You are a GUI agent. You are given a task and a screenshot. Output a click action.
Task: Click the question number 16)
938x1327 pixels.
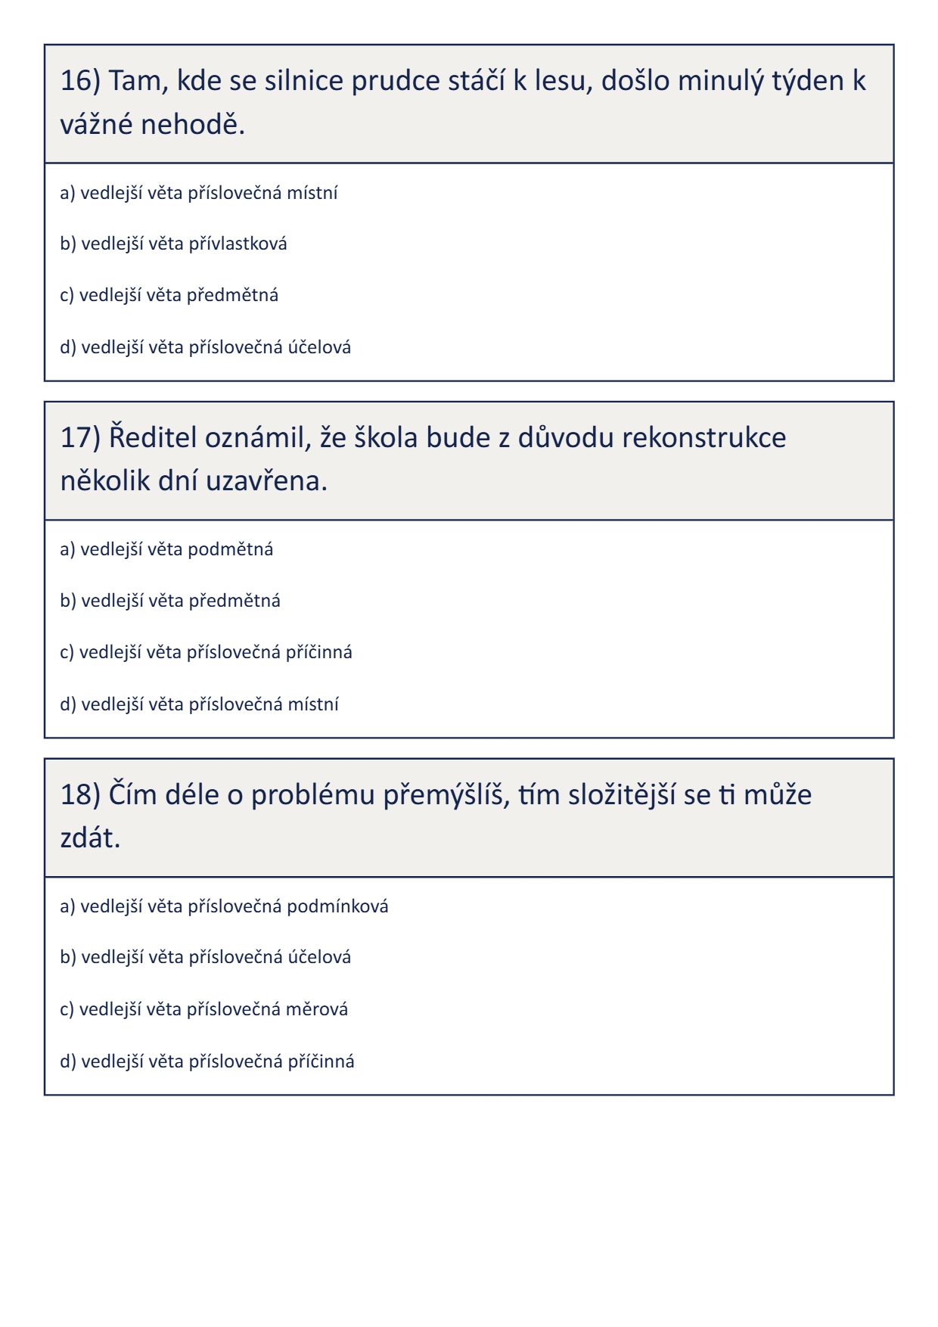pos(80,80)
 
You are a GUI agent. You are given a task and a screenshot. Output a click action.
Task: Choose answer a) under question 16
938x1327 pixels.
pos(198,193)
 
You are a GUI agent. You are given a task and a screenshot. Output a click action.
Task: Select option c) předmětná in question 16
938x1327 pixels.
pos(169,295)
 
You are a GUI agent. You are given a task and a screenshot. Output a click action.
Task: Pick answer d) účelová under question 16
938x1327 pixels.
pos(205,347)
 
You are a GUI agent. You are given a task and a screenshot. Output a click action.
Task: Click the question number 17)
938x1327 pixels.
pos(80,437)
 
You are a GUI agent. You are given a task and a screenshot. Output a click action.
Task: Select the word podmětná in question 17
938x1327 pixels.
pos(230,549)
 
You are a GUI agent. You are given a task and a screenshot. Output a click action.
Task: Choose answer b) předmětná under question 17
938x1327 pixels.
pos(169,601)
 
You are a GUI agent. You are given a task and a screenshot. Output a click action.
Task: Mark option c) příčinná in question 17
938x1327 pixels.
pos(206,652)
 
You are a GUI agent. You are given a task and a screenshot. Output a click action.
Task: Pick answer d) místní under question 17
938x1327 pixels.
pos(199,704)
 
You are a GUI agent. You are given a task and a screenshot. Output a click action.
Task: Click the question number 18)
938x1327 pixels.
pos(80,794)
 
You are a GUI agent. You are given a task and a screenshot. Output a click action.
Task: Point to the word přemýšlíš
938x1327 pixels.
pos(447,794)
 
